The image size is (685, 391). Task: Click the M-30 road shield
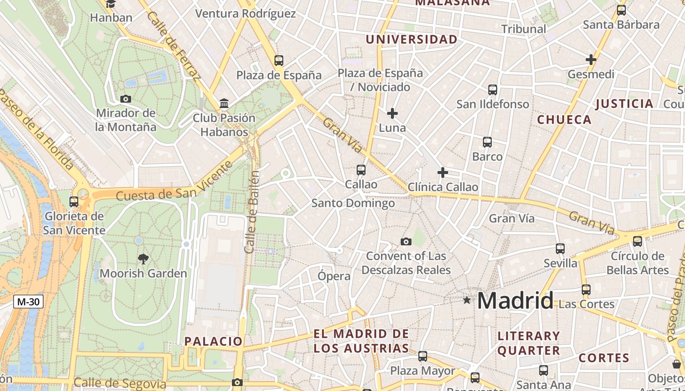click(x=28, y=302)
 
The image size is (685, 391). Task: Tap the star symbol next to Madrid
click(x=467, y=300)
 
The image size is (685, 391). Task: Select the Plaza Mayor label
click(x=422, y=371)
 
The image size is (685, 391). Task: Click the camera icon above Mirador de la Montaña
click(x=126, y=99)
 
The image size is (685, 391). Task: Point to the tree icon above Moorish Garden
click(x=143, y=259)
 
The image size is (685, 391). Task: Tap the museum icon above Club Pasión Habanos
click(x=224, y=103)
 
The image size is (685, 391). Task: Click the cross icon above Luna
click(x=392, y=113)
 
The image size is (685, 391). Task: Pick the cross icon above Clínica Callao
click(x=442, y=172)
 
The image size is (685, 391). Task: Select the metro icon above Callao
click(x=361, y=170)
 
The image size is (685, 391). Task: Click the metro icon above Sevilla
click(x=560, y=248)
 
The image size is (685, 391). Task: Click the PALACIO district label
click(x=213, y=341)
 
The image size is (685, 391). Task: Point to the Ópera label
click(x=334, y=276)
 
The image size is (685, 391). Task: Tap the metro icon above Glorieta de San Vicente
click(x=74, y=201)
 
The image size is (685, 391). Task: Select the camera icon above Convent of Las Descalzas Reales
click(x=406, y=241)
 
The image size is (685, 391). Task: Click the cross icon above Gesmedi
click(x=591, y=60)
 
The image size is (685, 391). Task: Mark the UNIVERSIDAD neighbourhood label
click(x=411, y=39)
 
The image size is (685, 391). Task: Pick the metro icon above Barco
click(x=487, y=142)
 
